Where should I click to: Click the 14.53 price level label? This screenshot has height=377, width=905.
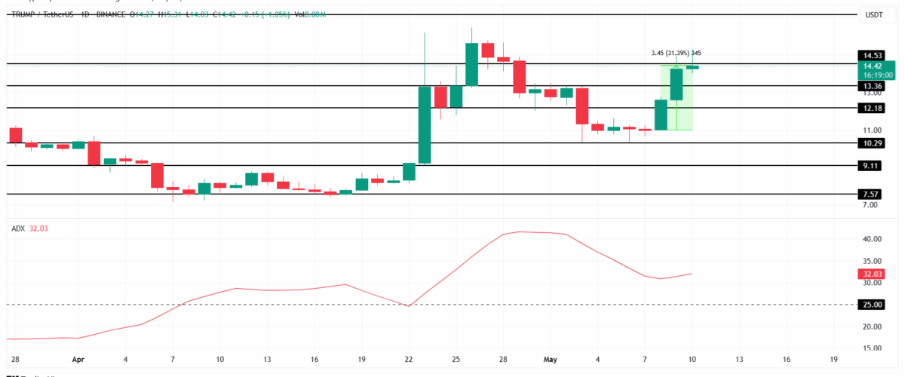pyautogui.click(x=873, y=55)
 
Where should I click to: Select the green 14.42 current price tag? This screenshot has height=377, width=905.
pyautogui.click(x=873, y=66)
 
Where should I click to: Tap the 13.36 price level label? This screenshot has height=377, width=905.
pyautogui.click(x=873, y=86)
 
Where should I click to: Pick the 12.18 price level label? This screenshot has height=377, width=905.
pyautogui.click(x=873, y=108)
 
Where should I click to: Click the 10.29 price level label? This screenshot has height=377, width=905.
pyautogui.click(x=873, y=143)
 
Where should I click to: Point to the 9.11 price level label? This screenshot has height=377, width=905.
pyautogui.click(x=873, y=166)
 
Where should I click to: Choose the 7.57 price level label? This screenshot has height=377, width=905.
pyautogui.click(x=873, y=194)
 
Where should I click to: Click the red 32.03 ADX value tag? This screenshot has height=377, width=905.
pyautogui.click(x=873, y=274)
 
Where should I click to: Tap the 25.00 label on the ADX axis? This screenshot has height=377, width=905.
pyautogui.click(x=873, y=305)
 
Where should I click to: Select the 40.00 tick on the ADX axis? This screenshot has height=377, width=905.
pyautogui.click(x=873, y=240)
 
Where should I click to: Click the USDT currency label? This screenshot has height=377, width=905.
pyautogui.click(x=873, y=15)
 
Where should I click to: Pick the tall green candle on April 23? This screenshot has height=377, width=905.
pyautogui.click(x=425, y=124)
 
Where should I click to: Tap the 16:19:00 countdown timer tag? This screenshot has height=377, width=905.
pyautogui.click(x=873, y=75)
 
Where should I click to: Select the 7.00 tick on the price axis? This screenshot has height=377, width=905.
pyautogui.click(x=871, y=205)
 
